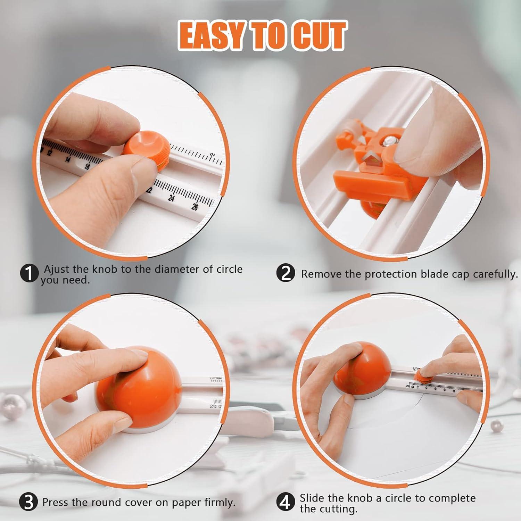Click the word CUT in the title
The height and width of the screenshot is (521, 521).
tap(318, 36)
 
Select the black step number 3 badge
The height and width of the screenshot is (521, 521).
tap(28, 502)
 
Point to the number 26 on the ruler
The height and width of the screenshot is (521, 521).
tap(195, 207)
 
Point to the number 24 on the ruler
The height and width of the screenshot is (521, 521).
tap(171, 198)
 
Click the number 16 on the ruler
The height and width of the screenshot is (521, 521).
tap(87, 166)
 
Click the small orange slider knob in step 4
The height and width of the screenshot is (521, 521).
tap(423, 374)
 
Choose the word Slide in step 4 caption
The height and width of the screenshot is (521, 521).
tap(312, 498)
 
